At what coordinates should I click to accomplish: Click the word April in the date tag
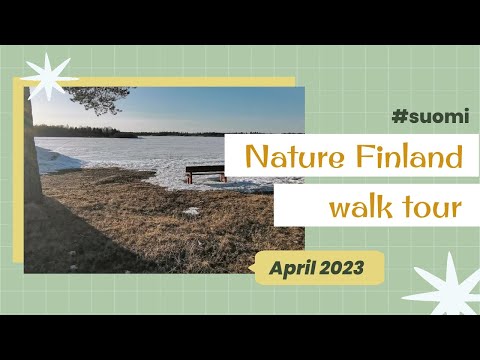(296, 268)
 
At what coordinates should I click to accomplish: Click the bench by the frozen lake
(205, 172)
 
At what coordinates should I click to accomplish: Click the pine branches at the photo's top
(95, 98)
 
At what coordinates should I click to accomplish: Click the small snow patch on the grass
(191, 212)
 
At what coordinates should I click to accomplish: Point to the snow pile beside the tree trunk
(56, 160)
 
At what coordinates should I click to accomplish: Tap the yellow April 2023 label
(319, 268)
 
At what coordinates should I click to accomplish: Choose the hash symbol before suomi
(399, 117)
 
